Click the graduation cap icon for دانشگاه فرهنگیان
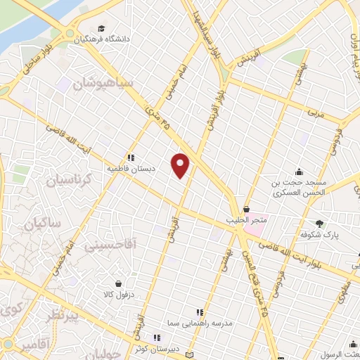coord(102,29)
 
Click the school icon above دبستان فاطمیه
coord(130,159)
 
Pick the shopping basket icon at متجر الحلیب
coord(246,210)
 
